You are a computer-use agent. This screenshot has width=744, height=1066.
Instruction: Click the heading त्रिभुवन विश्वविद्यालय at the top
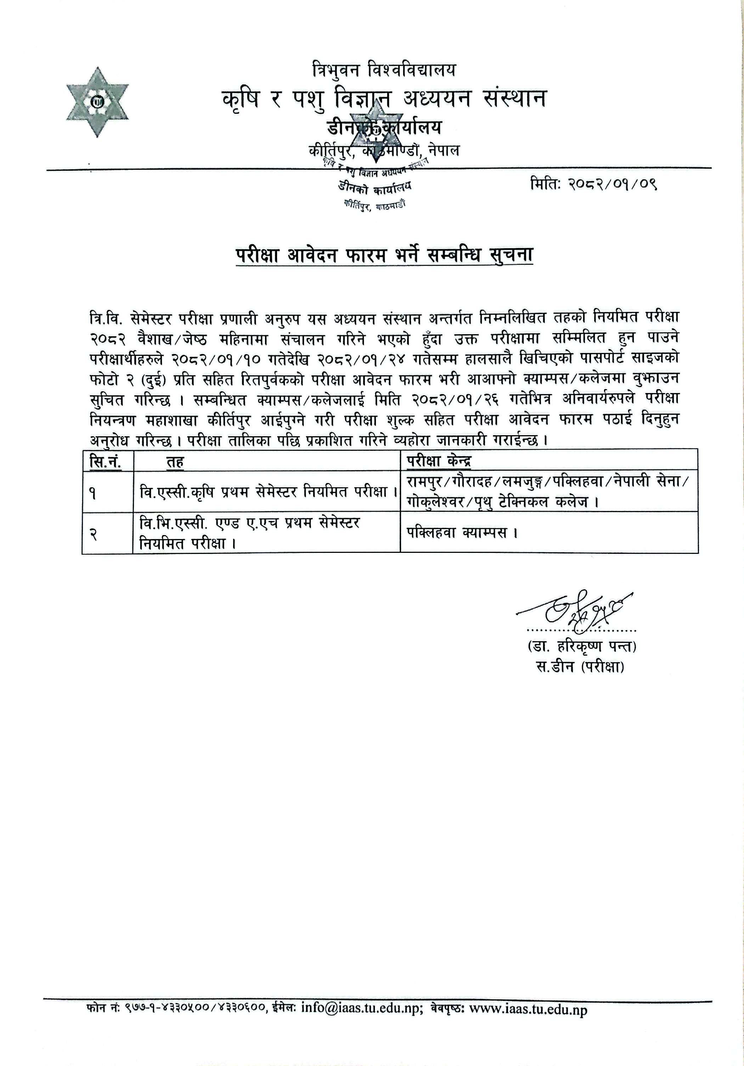[x=384, y=70]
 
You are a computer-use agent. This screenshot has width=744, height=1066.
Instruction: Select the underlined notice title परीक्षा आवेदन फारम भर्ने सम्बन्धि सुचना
[x=384, y=256]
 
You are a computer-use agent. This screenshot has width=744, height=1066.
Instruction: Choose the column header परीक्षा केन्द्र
[x=439, y=461]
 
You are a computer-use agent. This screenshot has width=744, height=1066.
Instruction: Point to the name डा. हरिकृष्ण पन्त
[x=581, y=646]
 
